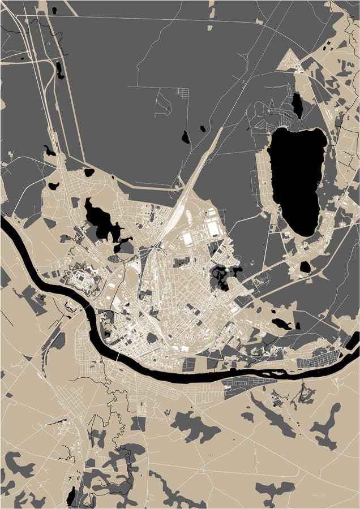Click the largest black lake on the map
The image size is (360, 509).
[297, 178]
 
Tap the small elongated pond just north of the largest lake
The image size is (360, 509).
[297, 105]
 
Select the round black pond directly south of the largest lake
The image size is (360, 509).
[305, 266]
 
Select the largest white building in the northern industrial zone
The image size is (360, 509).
[213, 228]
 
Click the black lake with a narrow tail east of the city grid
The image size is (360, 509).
[281, 324]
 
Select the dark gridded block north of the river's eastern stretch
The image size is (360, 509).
[319, 357]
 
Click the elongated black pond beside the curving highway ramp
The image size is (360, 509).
[59, 70]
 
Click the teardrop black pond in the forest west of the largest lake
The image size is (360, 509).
[185, 137]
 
